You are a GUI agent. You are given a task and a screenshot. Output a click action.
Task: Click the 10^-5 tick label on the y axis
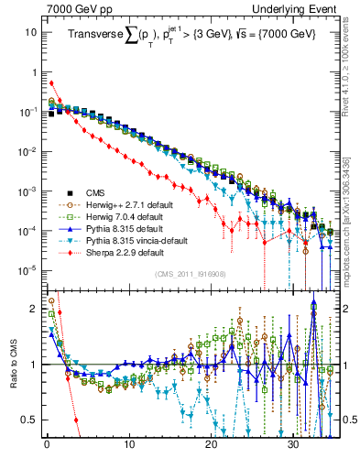click(27, 269)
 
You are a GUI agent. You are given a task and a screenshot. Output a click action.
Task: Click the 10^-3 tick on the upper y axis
click(27, 191)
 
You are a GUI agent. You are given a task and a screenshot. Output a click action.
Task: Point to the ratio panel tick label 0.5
click(31, 420)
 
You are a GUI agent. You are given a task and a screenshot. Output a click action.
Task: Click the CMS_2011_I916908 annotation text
click(191, 274)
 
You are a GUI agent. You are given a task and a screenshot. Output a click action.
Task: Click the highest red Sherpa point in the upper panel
click(51, 82)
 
